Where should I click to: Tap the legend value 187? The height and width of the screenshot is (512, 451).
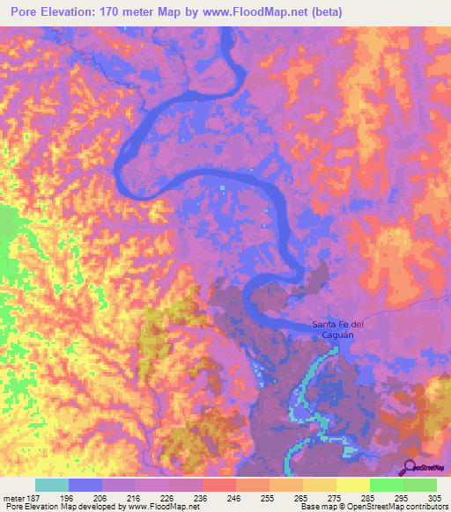pos(35,498)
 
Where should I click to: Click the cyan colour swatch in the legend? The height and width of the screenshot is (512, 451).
pos(52,485)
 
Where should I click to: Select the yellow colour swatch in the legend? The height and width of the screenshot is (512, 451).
pos(352,485)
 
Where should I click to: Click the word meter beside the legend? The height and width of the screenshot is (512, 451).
pos(13,498)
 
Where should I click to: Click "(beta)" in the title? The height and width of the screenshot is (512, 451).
pos(323,12)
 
